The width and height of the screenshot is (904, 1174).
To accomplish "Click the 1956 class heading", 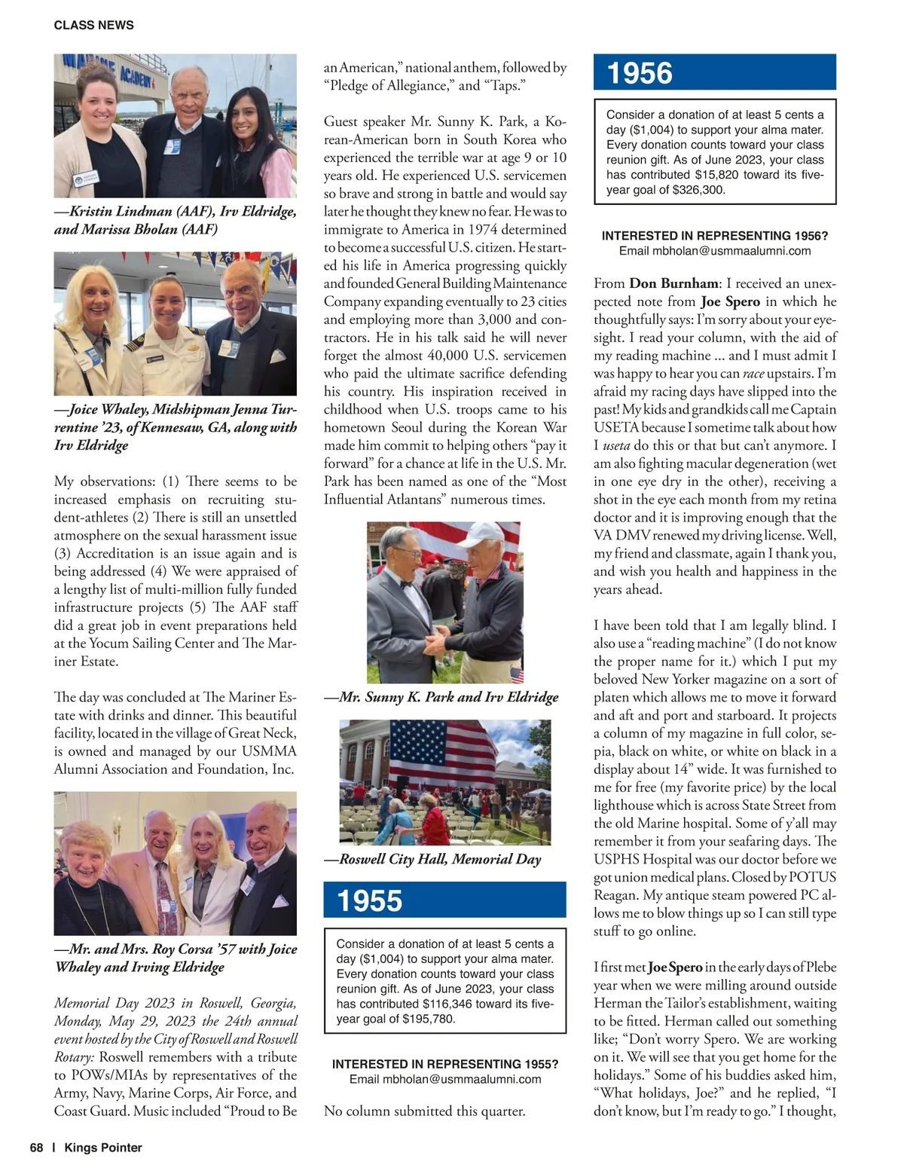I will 640,73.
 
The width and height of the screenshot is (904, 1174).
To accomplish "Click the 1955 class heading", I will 370,900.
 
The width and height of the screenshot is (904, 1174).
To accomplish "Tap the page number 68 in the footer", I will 36,1148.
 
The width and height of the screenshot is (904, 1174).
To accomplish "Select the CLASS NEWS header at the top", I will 93,25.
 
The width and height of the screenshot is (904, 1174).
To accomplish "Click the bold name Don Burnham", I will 673,283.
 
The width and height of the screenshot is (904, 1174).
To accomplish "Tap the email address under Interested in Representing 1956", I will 715,251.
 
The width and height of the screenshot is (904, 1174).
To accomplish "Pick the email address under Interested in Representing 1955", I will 445,1079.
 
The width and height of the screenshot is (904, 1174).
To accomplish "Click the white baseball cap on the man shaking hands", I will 482,536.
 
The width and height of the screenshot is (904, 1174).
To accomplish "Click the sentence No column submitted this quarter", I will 424,1111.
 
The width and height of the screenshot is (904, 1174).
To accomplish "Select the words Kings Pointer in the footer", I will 103,1148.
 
